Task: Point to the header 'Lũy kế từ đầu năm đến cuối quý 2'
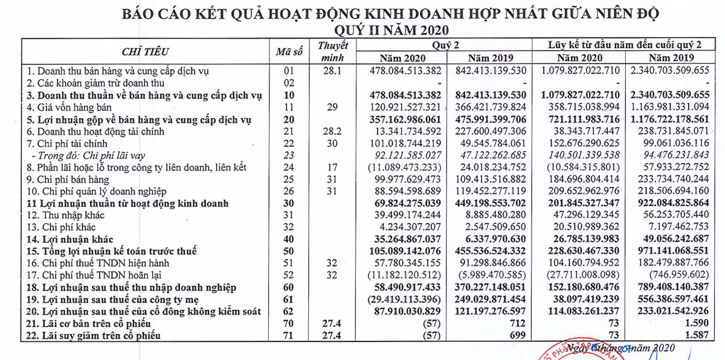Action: point(625,45)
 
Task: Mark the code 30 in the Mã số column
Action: point(288,204)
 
